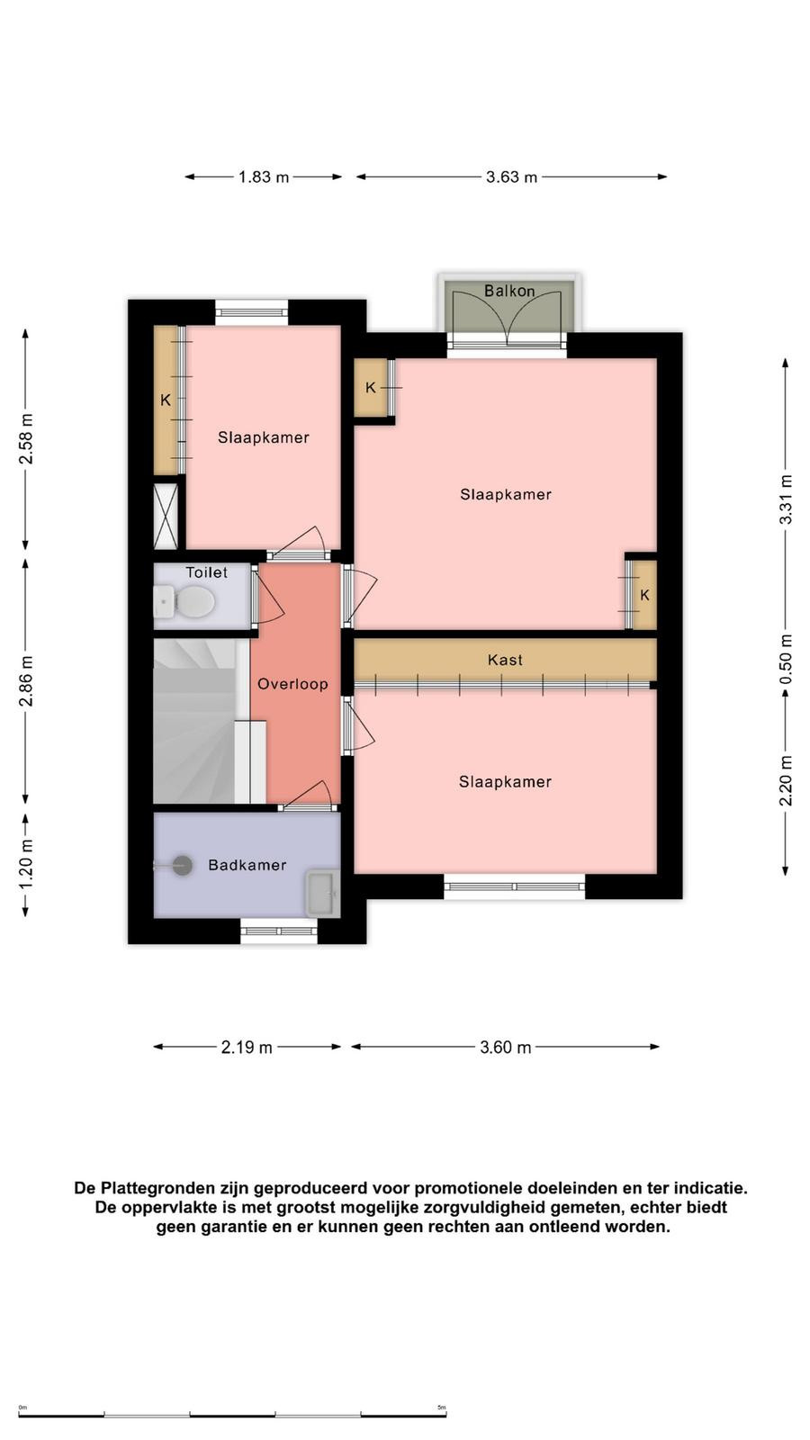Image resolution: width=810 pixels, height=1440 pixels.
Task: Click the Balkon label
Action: (509, 291)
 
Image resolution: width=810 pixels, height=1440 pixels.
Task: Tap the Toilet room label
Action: (206, 572)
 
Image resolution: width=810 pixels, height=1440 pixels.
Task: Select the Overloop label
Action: (292, 684)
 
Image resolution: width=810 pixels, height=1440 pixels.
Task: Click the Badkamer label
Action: (247, 865)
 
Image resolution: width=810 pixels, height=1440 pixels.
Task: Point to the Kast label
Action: (505, 660)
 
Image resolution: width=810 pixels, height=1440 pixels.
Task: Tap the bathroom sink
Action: (322, 894)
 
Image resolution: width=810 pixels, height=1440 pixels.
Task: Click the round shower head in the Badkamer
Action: (182, 865)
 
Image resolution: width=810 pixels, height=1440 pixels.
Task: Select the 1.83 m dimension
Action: (264, 176)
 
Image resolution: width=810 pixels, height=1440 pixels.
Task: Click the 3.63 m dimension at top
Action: (512, 176)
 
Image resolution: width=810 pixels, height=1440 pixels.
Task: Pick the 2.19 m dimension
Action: (247, 1048)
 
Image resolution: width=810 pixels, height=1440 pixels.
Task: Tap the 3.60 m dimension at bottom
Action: (505, 1048)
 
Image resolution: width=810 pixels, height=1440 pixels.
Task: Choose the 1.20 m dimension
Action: (26, 865)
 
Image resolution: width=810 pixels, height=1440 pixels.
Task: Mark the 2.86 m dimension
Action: (26, 680)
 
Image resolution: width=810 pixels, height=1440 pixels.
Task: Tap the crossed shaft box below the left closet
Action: (166, 517)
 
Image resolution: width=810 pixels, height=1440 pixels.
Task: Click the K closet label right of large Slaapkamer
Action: (644, 595)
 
